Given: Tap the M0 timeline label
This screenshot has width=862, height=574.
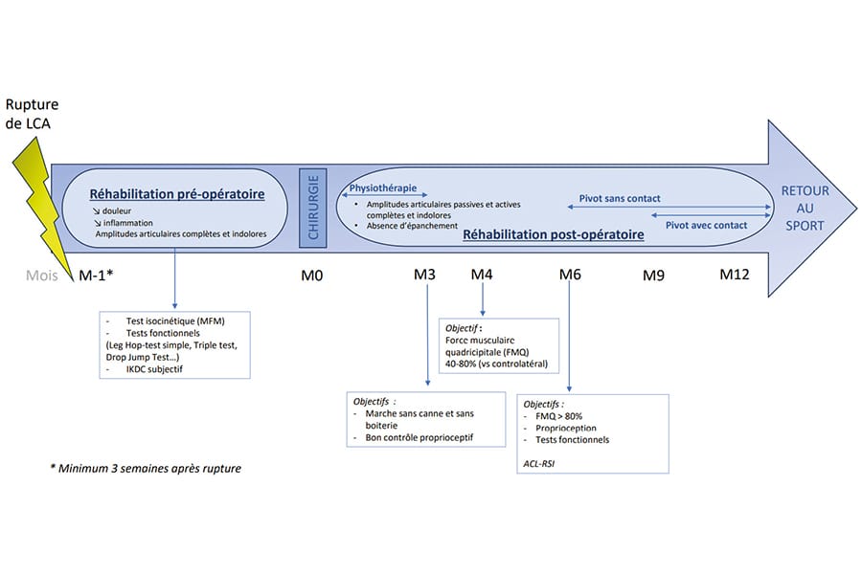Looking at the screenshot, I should point(312,276).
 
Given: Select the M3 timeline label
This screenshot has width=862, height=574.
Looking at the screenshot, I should point(425,276).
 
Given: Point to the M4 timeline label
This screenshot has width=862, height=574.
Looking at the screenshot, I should point(482,276).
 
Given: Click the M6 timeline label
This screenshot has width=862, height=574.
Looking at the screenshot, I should point(570,276).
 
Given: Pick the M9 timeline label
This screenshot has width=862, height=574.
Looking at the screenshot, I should point(653,276).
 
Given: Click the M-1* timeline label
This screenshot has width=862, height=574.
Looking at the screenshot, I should point(97,276).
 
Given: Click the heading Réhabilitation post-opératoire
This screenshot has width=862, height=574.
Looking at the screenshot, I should point(553,233).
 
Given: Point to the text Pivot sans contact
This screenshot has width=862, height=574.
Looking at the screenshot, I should point(620,199).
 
